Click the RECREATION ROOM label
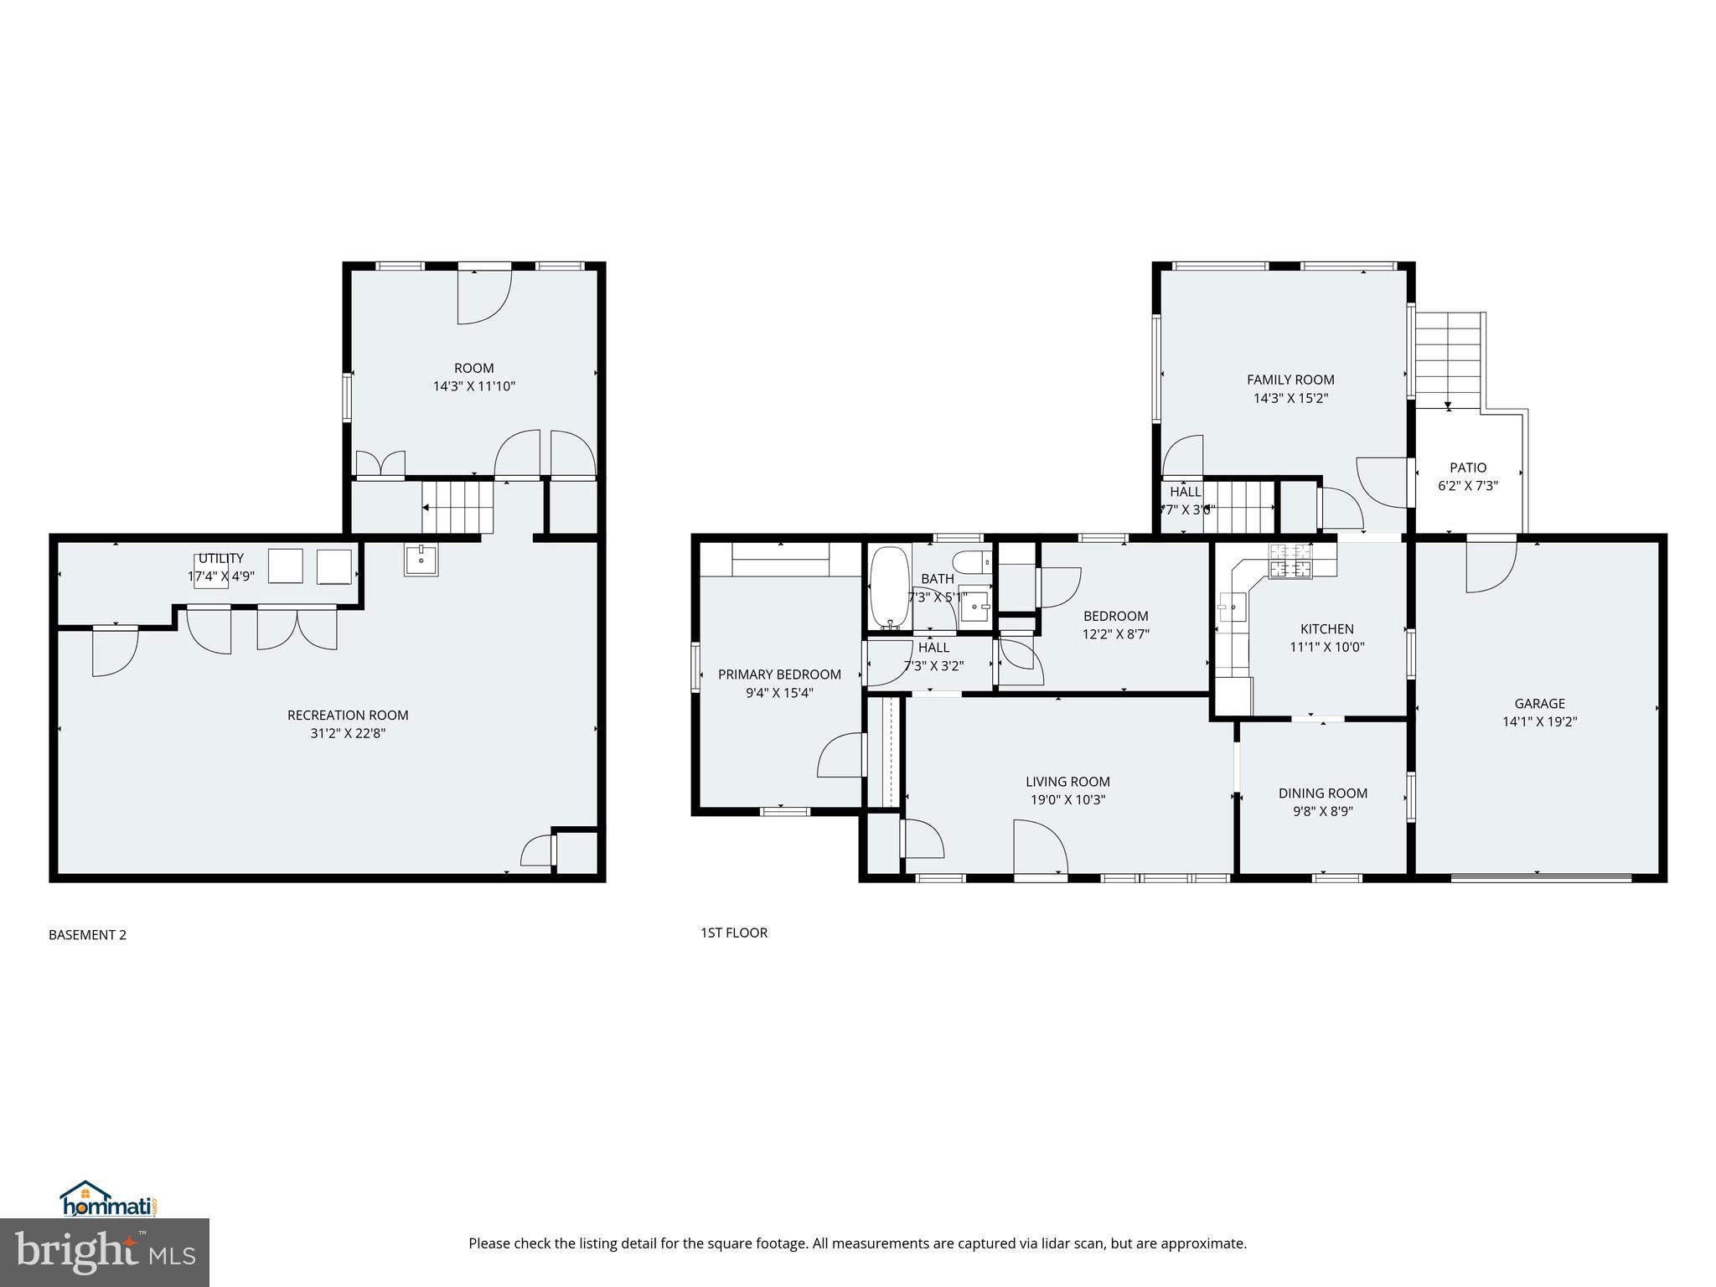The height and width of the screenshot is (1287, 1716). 348,715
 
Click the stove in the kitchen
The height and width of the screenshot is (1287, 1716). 1290,561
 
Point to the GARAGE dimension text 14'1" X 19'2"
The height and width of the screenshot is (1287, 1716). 1539,721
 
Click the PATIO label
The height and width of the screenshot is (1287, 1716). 1468,468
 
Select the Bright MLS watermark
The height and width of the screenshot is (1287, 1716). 105,1252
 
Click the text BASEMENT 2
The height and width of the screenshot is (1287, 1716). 87,935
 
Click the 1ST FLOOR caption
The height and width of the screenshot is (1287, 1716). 734,933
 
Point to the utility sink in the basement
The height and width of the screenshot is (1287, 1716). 421,559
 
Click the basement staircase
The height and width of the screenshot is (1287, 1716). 457,507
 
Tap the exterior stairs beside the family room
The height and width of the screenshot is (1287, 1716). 1449,360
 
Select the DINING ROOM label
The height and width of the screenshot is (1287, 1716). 1323,793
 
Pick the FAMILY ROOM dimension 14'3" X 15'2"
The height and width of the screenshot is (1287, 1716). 1290,399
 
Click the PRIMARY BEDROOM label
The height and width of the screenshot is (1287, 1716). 779,675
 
